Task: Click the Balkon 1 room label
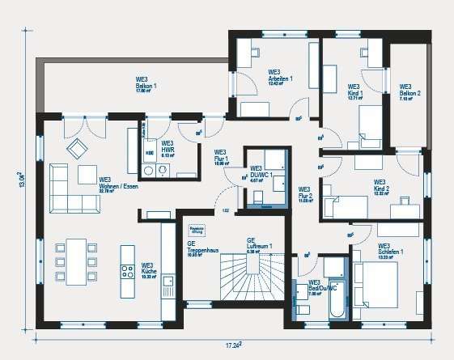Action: (x=146, y=85)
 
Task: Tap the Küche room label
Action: (x=147, y=269)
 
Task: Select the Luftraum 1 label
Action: (x=258, y=245)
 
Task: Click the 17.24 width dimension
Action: (x=235, y=345)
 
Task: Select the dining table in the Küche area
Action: (x=76, y=261)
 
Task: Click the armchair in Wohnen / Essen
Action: (x=77, y=147)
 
